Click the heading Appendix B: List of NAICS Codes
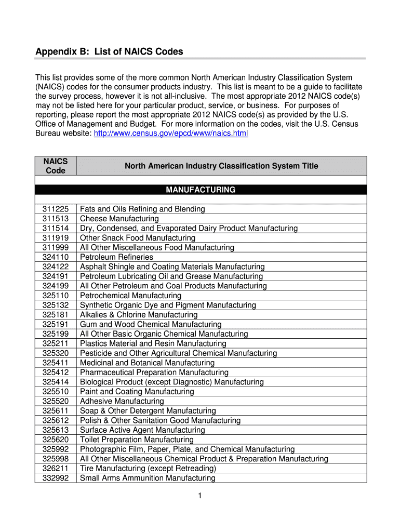tap(109, 52)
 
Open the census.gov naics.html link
tap(171, 134)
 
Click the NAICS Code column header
tap(56, 166)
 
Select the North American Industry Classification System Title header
tap(221, 166)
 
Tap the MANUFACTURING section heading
tap(201, 190)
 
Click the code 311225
tap(56, 209)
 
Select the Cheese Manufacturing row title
tap(119, 219)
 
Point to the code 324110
tap(56, 257)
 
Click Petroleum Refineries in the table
tap(116, 257)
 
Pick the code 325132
tap(56, 305)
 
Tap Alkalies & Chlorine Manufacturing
tap(139, 315)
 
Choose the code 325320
tap(56, 353)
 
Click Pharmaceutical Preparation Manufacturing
tap(154, 373)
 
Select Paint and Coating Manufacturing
tap(137, 392)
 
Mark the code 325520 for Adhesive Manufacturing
tap(56, 401)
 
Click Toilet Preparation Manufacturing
tap(137, 440)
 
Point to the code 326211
tap(56, 469)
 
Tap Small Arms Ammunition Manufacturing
tap(148, 478)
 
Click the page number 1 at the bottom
tap(199, 496)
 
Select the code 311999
tap(56, 247)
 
